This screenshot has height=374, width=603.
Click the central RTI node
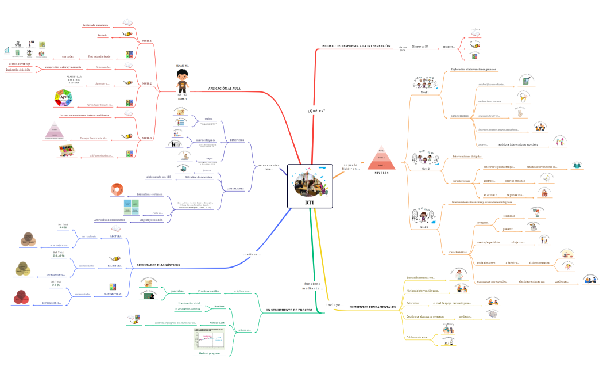click(310, 186)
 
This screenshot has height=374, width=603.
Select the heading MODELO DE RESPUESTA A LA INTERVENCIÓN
click(355, 46)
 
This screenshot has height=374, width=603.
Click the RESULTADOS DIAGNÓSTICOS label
click(158, 265)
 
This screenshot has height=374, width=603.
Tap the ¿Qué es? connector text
click(316, 110)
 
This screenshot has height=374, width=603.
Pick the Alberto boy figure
click(182, 85)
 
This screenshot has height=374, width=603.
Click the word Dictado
click(103, 35)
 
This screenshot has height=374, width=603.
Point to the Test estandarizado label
click(99, 56)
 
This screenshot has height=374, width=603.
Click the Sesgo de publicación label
click(151, 220)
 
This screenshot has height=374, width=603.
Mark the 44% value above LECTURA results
click(63, 227)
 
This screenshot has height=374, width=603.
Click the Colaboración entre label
click(417, 337)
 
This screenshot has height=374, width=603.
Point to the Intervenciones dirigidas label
click(466, 156)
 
